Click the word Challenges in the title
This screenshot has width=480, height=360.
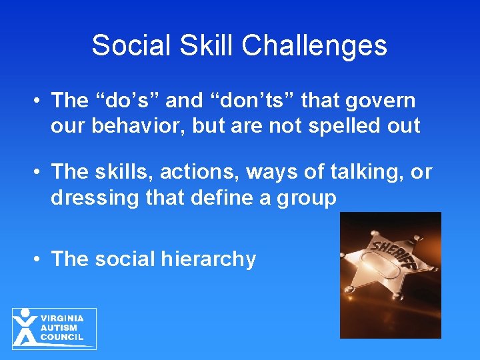[314, 46]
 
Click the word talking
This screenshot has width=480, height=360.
[365, 173]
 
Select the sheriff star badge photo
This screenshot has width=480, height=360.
[390, 275]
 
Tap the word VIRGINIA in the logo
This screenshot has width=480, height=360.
[62, 319]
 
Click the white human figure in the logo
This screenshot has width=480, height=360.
[25, 327]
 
